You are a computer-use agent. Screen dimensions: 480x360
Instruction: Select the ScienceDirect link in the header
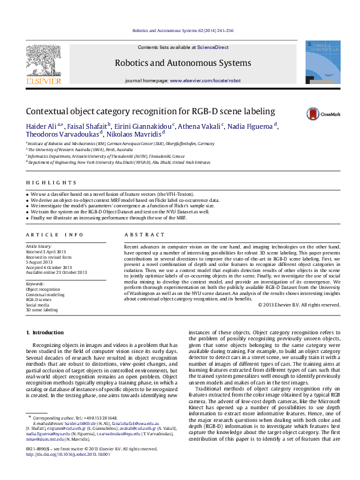click(x=212, y=47)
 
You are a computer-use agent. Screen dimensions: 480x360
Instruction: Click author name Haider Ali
click(x=41, y=126)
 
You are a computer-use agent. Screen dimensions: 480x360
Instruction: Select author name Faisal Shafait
click(x=87, y=126)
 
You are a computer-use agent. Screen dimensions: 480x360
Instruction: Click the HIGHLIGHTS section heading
click(x=44, y=183)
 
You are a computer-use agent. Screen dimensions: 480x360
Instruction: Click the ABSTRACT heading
click(x=140, y=235)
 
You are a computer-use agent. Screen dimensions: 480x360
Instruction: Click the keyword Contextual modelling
click(x=46, y=294)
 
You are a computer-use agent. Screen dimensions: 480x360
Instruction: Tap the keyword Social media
click(x=38, y=305)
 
